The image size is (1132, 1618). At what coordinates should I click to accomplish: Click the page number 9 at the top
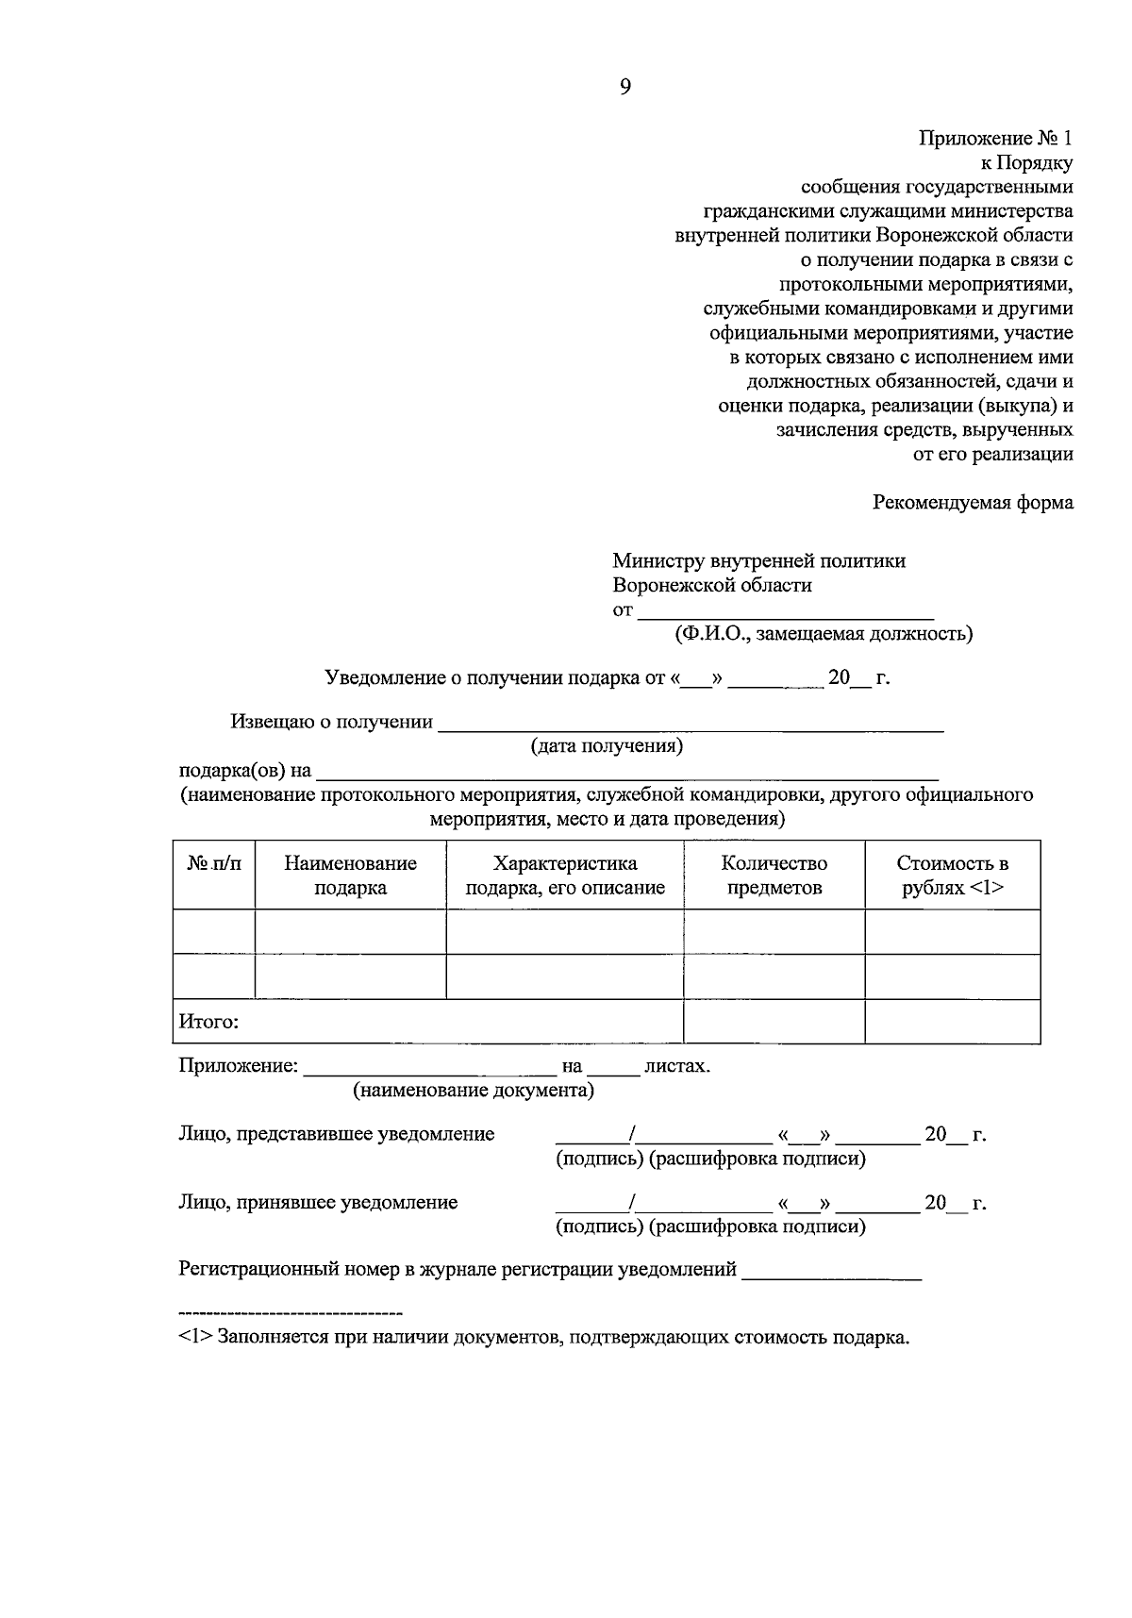click(x=624, y=88)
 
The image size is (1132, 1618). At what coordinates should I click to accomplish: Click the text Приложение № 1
click(x=996, y=139)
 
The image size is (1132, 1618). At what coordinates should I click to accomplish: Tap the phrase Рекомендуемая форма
click(x=973, y=502)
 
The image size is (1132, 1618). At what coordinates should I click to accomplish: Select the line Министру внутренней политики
click(x=758, y=561)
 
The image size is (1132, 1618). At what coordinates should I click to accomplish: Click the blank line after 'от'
click(x=785, y=611)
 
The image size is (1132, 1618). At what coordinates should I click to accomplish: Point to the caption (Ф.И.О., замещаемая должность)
click(x=823, y=634)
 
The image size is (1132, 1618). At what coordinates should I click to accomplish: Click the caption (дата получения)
click(x=606, y=746)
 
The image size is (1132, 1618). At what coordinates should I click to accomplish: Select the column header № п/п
click(x=213, y=863)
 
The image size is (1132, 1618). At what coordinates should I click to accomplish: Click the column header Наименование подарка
click(x=350, y=876)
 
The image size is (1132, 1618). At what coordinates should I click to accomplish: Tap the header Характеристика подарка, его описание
click(x=564, y=876)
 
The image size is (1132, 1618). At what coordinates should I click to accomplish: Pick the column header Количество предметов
click(x=774, y=876)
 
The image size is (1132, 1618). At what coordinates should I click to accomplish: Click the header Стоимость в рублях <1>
click(x=952, y=876)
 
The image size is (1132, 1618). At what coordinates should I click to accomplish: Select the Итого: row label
click(x=208, y=1022)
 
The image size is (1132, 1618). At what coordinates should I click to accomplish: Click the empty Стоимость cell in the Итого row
click(x=952, y=1022)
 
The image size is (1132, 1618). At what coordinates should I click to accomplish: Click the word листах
click(x=676, y=1067)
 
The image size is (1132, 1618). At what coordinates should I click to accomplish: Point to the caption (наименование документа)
click(x=474, y=1091)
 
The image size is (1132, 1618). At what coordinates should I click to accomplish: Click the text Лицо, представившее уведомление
click(x=336, y=1134)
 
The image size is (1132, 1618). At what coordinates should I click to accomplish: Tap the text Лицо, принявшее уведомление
click(x=318, y=1203)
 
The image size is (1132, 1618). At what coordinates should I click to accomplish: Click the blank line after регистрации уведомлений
click(x=831, y=1272)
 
